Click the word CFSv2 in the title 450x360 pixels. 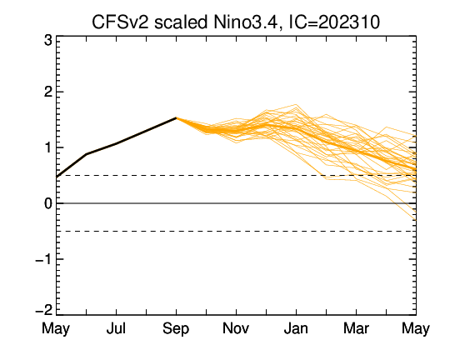tap(120, 22)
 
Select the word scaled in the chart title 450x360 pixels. tap(181, 22)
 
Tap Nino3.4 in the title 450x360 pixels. tap(245, 22)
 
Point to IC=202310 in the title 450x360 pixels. tap(334, 22)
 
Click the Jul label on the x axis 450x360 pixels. tap(116, 328)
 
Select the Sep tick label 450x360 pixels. tap(176, 328)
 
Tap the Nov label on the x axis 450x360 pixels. tap(236, 328)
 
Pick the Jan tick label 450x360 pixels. tap(296, 328)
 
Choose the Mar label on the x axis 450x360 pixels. tap(356, 328)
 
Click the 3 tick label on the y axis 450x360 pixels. tap(48, 40)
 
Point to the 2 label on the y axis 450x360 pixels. tap(48, 92)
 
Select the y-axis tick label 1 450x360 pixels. tap(48, 147)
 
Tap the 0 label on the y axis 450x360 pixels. tap(48, 203)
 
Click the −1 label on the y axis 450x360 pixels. tap(44, 259)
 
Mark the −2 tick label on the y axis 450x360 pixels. tap(44, 310)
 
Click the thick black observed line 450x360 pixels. tap(116, 143)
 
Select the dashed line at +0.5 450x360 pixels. tap(236, 175)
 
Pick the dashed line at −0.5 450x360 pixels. tap(236, 231)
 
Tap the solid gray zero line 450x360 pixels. tap(236, 203)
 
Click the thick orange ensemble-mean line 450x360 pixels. tap(296, 128)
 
